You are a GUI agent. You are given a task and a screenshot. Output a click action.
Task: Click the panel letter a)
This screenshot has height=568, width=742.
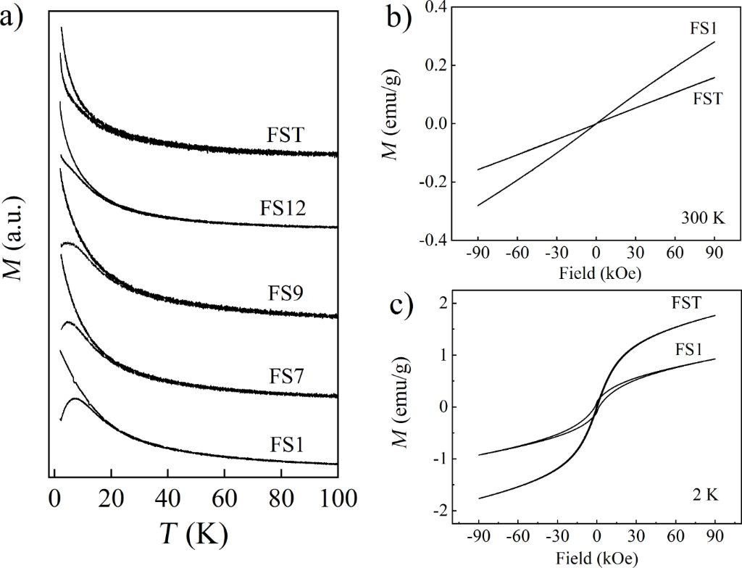pos(17,17)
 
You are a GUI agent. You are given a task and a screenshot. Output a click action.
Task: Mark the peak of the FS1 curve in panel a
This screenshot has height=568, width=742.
pos(76,398)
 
